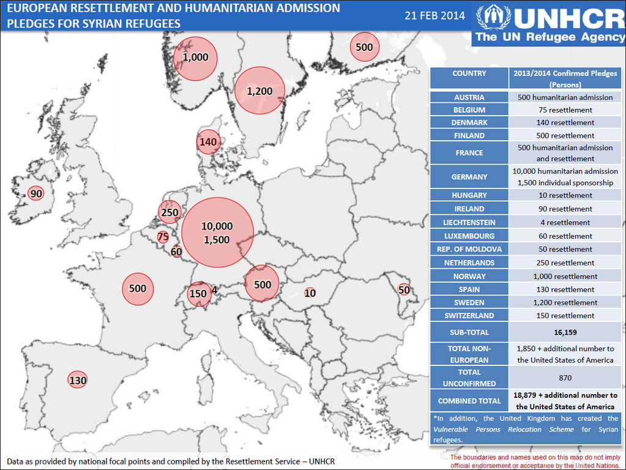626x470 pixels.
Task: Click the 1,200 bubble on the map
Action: pyautogui.click(x=259, y=91)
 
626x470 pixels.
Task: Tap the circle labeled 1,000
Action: pyautogui.click(x=196, y=58)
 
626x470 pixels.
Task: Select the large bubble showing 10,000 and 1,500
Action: pyautogui.click(x=217, y=233)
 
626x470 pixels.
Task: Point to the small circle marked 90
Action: pyautogui.click(x=37, y=194)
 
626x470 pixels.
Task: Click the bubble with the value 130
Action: pyautogui.click(x=78, y=380)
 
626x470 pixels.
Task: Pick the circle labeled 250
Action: pyautogui.click(x=170, y=212)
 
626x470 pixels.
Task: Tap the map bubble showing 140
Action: pyautogui.click(x=209, y=142)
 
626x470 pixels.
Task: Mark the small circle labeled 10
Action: pyautogui.click(x=310, y=293)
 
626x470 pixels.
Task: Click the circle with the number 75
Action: pyautogui.click(x=163, y=237)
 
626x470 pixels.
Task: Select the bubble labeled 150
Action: pyautogui.click(x=198, y=293)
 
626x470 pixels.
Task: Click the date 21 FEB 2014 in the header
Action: pyautogui.click(x=434, y=15)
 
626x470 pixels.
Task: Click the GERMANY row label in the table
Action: pyautogui.click(x=469, y=177)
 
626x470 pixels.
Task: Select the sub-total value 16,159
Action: pyautogui.click(x=565, y=332)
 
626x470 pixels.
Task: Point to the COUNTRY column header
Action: pyautogui.click(x=469, y=73)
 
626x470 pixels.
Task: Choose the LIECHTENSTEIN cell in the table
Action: pyautogui.click(x=469, y=222)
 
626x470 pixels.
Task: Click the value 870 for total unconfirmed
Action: pyautogui.click(x=565, y=378)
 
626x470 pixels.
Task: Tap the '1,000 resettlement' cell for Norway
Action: pyautogui.click(x=565, y=276)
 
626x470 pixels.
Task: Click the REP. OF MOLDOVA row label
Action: pyautogui.click(x=469, y=249)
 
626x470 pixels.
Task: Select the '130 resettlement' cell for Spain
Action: pyautogui.click(x=565, y=289)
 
